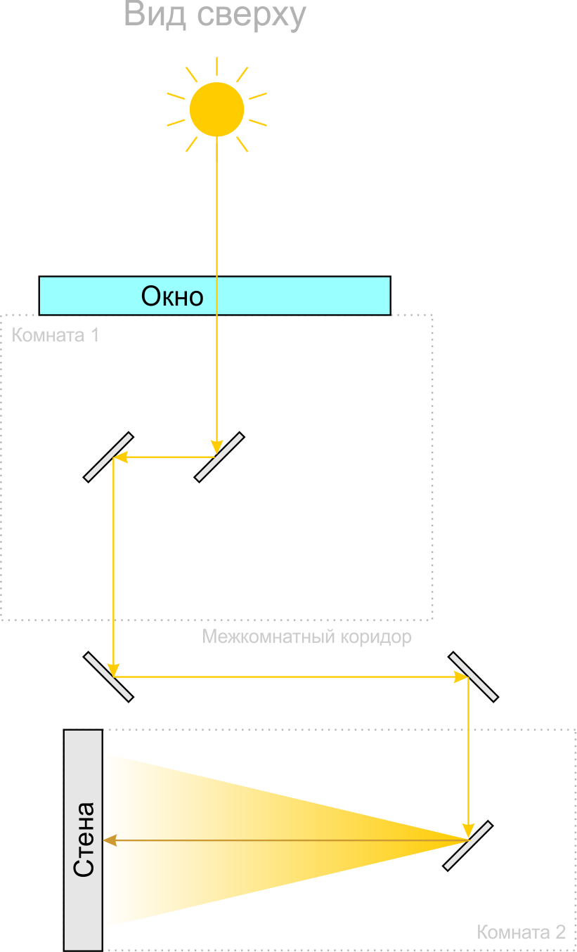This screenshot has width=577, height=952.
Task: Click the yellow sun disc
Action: [216, 109]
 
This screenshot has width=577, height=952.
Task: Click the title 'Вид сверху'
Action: [215, 15]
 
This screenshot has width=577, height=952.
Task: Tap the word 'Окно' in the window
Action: [172, 296]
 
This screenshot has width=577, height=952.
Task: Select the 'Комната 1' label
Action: [56, 335]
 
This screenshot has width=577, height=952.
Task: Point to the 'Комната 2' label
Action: [521, 932]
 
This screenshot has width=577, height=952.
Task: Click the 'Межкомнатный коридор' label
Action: [306, 637]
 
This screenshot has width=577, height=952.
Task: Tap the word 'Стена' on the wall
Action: [84, 840]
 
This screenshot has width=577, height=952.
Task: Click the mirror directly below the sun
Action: [219, 457]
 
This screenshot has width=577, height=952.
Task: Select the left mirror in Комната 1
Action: [108, 457]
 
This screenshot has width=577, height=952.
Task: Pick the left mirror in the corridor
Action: [108, 677]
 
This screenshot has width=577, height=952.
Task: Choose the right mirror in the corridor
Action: [473, 677]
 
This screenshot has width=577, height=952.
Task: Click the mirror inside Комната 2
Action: [468, 846]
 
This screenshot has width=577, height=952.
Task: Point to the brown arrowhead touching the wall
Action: [110, 840]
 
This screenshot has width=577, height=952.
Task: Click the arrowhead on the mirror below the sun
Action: [217, 448]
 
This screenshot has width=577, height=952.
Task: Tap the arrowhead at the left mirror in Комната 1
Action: [121, 457]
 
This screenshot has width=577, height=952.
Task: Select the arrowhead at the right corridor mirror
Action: [461, 677]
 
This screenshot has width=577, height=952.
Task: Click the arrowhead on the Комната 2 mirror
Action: [468, 830]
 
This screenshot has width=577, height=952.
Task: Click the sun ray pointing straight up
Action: [217, 66]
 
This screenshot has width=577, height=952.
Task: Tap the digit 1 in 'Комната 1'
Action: [96, 335]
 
